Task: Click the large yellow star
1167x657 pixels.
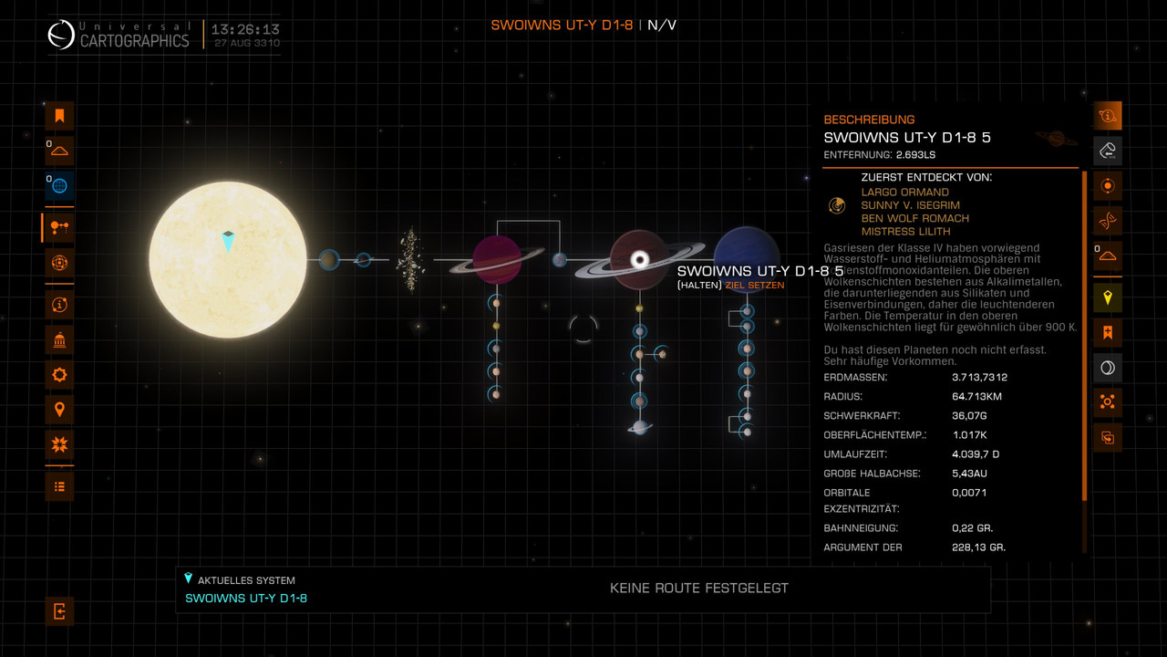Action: tap(228, 260)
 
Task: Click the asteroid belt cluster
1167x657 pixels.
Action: tap(409, 261)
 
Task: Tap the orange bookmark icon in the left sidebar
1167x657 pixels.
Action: tap(59, 116)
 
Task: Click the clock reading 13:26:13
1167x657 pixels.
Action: tap(246, 29)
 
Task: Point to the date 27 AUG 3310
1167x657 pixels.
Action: tap(247, 44)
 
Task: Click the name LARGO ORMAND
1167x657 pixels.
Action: tap(904, 193)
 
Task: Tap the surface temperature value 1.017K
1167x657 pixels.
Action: tap(970, 434)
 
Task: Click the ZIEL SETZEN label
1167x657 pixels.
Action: tap(754, 286)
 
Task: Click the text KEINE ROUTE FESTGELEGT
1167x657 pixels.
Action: tap(698, 589)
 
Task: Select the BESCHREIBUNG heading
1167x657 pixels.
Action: tap(869, 120)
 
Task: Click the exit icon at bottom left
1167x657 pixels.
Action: tap(59, 611)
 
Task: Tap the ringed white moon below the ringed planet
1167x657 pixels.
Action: tap(640, 427)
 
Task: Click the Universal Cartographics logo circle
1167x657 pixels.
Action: tap(62, 36)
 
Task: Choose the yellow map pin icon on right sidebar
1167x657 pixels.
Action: tap(1108, 297)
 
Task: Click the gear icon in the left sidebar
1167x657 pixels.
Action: tap(59, 374)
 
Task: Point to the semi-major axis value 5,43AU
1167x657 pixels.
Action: tap(970, 474)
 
